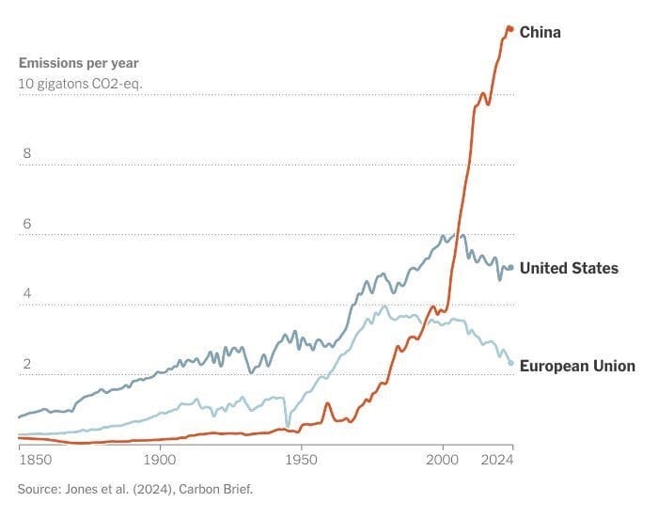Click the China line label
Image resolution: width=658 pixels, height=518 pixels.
[540, 32]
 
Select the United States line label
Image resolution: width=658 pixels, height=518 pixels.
[569, 268]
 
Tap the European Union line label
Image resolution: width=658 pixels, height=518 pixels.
[577, 366]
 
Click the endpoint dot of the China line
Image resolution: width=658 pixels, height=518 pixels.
[510, 29]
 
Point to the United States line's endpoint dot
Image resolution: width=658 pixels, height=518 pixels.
[510, 267]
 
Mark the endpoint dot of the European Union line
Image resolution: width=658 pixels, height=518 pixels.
[510, 363]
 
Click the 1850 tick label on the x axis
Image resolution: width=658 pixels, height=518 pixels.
[35, 460]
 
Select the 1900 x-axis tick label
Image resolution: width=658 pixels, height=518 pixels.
[160, 460]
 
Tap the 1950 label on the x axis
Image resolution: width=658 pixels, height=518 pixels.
[301, 460]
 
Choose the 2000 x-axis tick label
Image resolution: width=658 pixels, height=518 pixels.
[442, 460]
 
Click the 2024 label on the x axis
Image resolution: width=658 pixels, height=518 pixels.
[497, 460]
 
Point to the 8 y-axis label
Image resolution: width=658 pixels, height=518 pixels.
[27, 153]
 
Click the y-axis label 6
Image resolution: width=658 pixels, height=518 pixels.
[27, 224]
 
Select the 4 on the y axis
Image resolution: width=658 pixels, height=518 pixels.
[27, 293]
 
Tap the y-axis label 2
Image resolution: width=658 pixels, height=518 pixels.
[27, 364]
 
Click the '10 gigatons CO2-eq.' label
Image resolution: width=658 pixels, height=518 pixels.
[80, 84]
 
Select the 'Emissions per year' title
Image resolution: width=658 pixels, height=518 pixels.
[78, 63]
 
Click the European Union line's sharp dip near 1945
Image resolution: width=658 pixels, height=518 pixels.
[288, 425]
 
